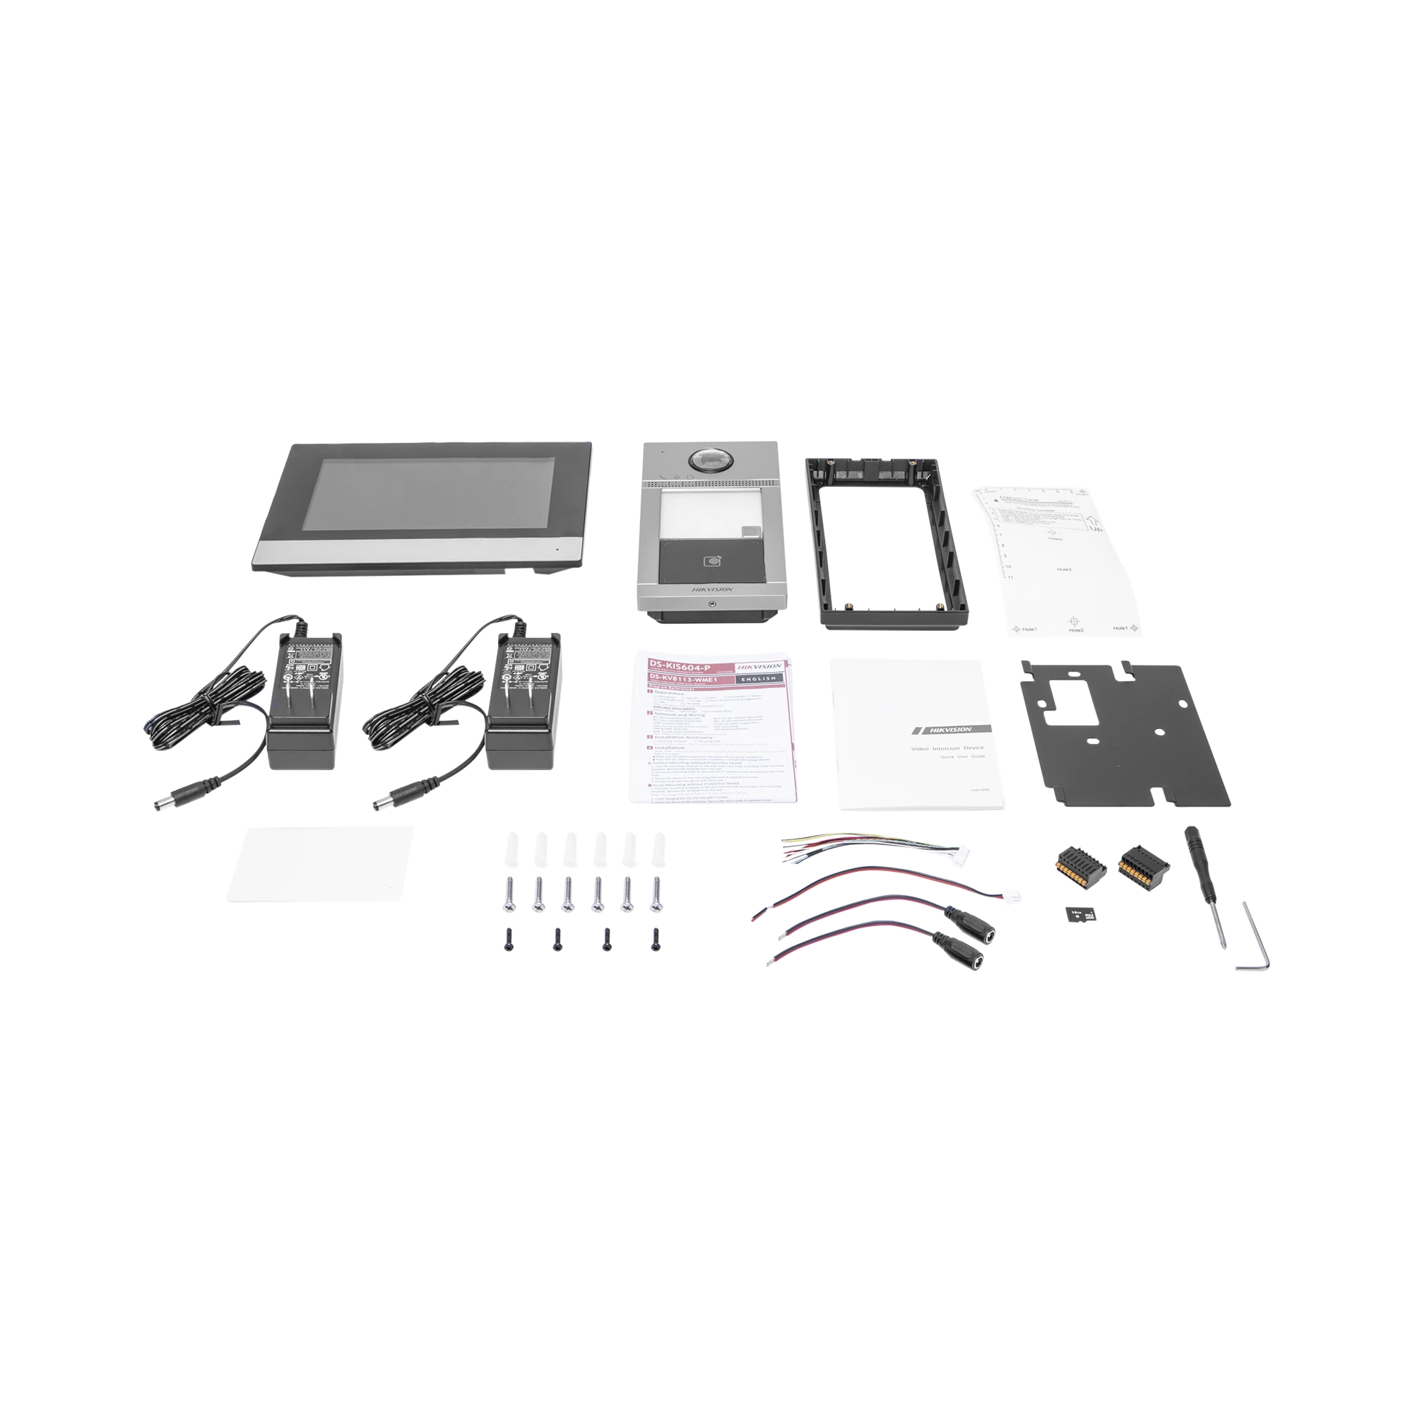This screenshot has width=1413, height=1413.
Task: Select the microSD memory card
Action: (x=1076, y=916)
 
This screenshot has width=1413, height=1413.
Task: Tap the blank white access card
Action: (x=319, y=864)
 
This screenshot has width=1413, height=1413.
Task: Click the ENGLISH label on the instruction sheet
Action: (x=756, y=678)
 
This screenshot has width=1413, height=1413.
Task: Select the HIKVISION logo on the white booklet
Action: (x=950, y=729)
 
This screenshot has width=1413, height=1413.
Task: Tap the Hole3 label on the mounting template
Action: (x=1065, y=569)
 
